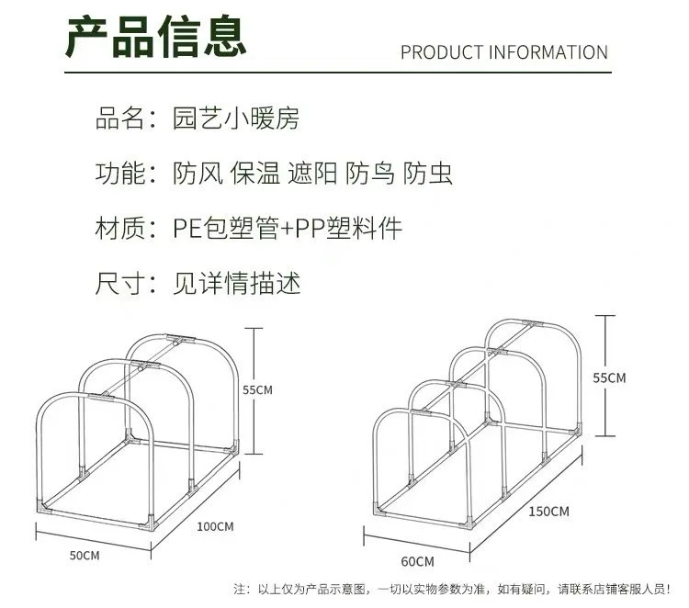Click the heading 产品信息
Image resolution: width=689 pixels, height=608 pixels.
click(x=157, y=38)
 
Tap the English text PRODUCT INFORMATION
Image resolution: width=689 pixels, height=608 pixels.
click(x=503, y=52)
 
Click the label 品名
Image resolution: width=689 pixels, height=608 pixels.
click(x=120, y=118)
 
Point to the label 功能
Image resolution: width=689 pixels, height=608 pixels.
click(x=120, y=174)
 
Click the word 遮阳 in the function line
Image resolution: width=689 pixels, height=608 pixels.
click(x=312, y=174)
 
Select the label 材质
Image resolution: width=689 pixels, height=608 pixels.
click(x=120, y=229)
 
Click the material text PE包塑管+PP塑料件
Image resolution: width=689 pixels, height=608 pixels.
click(x=288, y=229)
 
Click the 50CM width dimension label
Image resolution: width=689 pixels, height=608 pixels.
click(x=84, y=556)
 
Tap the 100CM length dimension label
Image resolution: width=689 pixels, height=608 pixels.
click(x=216, y=527)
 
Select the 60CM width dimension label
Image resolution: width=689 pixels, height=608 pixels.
click(x=417, y=560)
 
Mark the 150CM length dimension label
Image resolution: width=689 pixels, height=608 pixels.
click(x=549, y=511)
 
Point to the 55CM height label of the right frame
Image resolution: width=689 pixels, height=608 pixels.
click(x=608, y=377)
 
